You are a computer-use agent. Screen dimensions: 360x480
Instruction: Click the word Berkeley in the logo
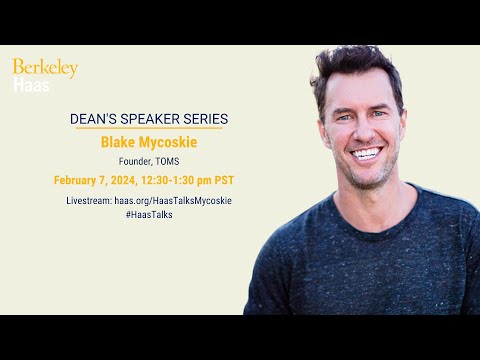(45, 69)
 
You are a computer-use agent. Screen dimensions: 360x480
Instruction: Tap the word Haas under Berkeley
(27, 86)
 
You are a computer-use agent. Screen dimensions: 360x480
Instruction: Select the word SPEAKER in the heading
(155, 118)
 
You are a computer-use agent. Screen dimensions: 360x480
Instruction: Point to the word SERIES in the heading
(208, 118)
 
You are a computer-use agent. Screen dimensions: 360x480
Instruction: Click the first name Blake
(121, 142)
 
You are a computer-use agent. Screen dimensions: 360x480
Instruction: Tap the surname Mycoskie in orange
(170, 142)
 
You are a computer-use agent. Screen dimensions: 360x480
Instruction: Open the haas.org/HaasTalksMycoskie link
(173, 201)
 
